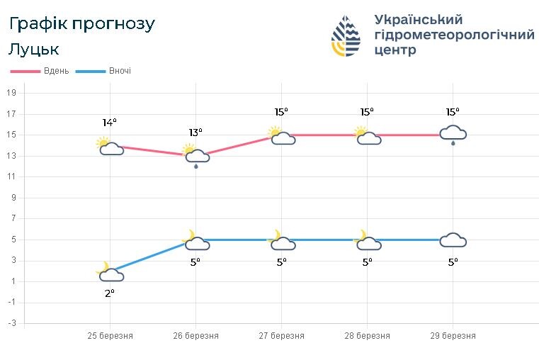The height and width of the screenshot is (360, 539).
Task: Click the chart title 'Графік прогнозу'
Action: (x=81, y=24)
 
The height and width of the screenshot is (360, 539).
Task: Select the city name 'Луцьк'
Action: (x=34, y=50)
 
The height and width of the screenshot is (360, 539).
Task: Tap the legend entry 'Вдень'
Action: (x=55, y=71)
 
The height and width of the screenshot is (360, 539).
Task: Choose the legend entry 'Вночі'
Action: (x=120, y=71)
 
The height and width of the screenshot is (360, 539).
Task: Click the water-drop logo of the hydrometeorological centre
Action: (x=346, y=35)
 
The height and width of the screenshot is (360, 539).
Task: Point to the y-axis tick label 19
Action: (x=11, y=93)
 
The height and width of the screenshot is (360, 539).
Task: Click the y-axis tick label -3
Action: (x=11, y=324)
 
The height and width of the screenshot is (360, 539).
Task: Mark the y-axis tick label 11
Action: (x=11, y=176)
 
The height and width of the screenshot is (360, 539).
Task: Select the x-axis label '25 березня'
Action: (x=110, y=336)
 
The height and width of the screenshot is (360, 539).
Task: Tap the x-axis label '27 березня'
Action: (x=282, y=336)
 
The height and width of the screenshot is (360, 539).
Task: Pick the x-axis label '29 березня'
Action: (x=453, y=336)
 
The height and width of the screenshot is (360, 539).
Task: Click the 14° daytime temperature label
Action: (x=109, y=123)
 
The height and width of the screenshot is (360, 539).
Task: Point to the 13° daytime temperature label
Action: (x=195, y=133)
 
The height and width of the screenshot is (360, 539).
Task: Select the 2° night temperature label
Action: (x=110, y=293)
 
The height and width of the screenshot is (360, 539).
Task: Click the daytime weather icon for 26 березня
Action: (x=195, y=155)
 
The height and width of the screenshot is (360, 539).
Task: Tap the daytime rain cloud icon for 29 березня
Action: (x=453, y=134)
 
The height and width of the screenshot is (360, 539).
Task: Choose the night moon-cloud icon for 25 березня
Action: (x=110, y=272)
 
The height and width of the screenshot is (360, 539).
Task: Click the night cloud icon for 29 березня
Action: (x=453, y=240)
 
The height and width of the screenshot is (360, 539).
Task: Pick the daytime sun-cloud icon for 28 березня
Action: (x=367, y=136)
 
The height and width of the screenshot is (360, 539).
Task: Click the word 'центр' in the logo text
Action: (x=394, y=51)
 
